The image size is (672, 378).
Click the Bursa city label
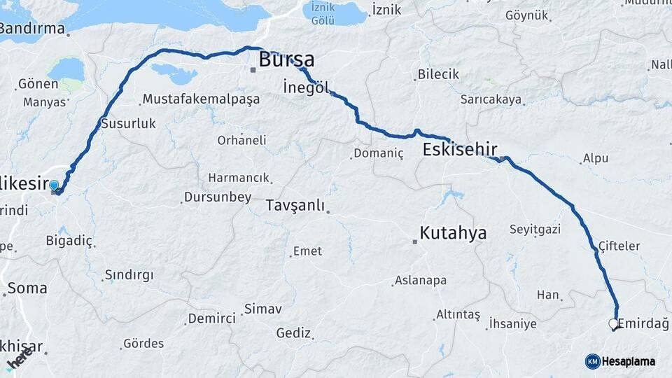[x=286, y=60]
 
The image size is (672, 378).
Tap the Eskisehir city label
[x=460, y=149]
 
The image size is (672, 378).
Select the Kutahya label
[x=453, y=233]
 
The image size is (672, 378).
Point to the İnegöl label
[x=305, y=87]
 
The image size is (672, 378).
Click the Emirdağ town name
[x=645, y=323]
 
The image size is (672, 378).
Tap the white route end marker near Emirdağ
[x=613, y=324]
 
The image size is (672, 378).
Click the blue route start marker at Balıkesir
[x=54, y=185]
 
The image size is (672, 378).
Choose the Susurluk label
[x=128, y=123]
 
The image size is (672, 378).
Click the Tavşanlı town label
[x=295, y=206]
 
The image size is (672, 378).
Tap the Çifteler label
[x=619, y=246]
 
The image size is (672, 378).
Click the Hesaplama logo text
[x=628, y=361]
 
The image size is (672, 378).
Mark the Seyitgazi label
[x=535, y=229]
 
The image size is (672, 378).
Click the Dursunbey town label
[x=217, y=197]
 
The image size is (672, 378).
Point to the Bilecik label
[x=438, y=74]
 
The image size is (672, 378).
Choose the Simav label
[x=262, y=309]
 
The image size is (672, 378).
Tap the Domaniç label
[x=379, y=153]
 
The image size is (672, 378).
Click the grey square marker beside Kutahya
[x=415, y=242]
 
